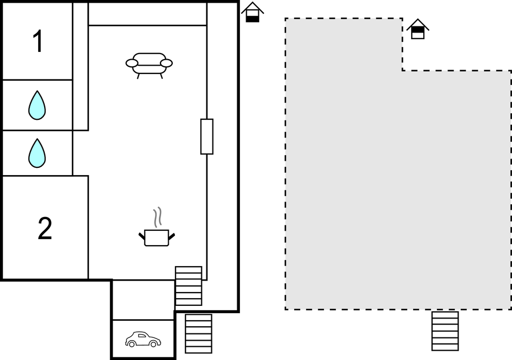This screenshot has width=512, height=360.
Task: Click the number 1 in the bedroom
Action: tap(38, 41)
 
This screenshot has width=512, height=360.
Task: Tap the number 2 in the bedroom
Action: tap(45, 229)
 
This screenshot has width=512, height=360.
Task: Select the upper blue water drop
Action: tap(37, 105)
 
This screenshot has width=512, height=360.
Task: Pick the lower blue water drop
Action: tap(37, 153)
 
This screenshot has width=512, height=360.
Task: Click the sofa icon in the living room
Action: tap(149, 65)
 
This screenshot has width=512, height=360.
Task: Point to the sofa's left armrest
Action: tap(132, 63)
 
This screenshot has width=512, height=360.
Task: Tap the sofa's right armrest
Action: tap(167, 63)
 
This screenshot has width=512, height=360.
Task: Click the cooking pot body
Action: tap(156, 238)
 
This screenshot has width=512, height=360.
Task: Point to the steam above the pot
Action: tap(158, 217)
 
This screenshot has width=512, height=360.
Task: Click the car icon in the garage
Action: tap(143, 339)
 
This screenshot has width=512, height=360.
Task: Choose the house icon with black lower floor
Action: tap(252, 12)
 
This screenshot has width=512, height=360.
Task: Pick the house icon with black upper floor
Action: tap(418, 29)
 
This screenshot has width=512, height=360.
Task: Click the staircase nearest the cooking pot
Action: tap(188, 286)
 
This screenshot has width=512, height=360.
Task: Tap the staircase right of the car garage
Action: tap(199, 333)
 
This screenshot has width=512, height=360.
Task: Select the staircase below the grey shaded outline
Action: tap(445, 331)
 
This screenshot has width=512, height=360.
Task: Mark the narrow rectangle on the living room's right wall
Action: tap(207, 136)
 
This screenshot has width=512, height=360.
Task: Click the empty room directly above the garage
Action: tap(143, 300)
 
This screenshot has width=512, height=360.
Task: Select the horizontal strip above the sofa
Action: tap(147, 14)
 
